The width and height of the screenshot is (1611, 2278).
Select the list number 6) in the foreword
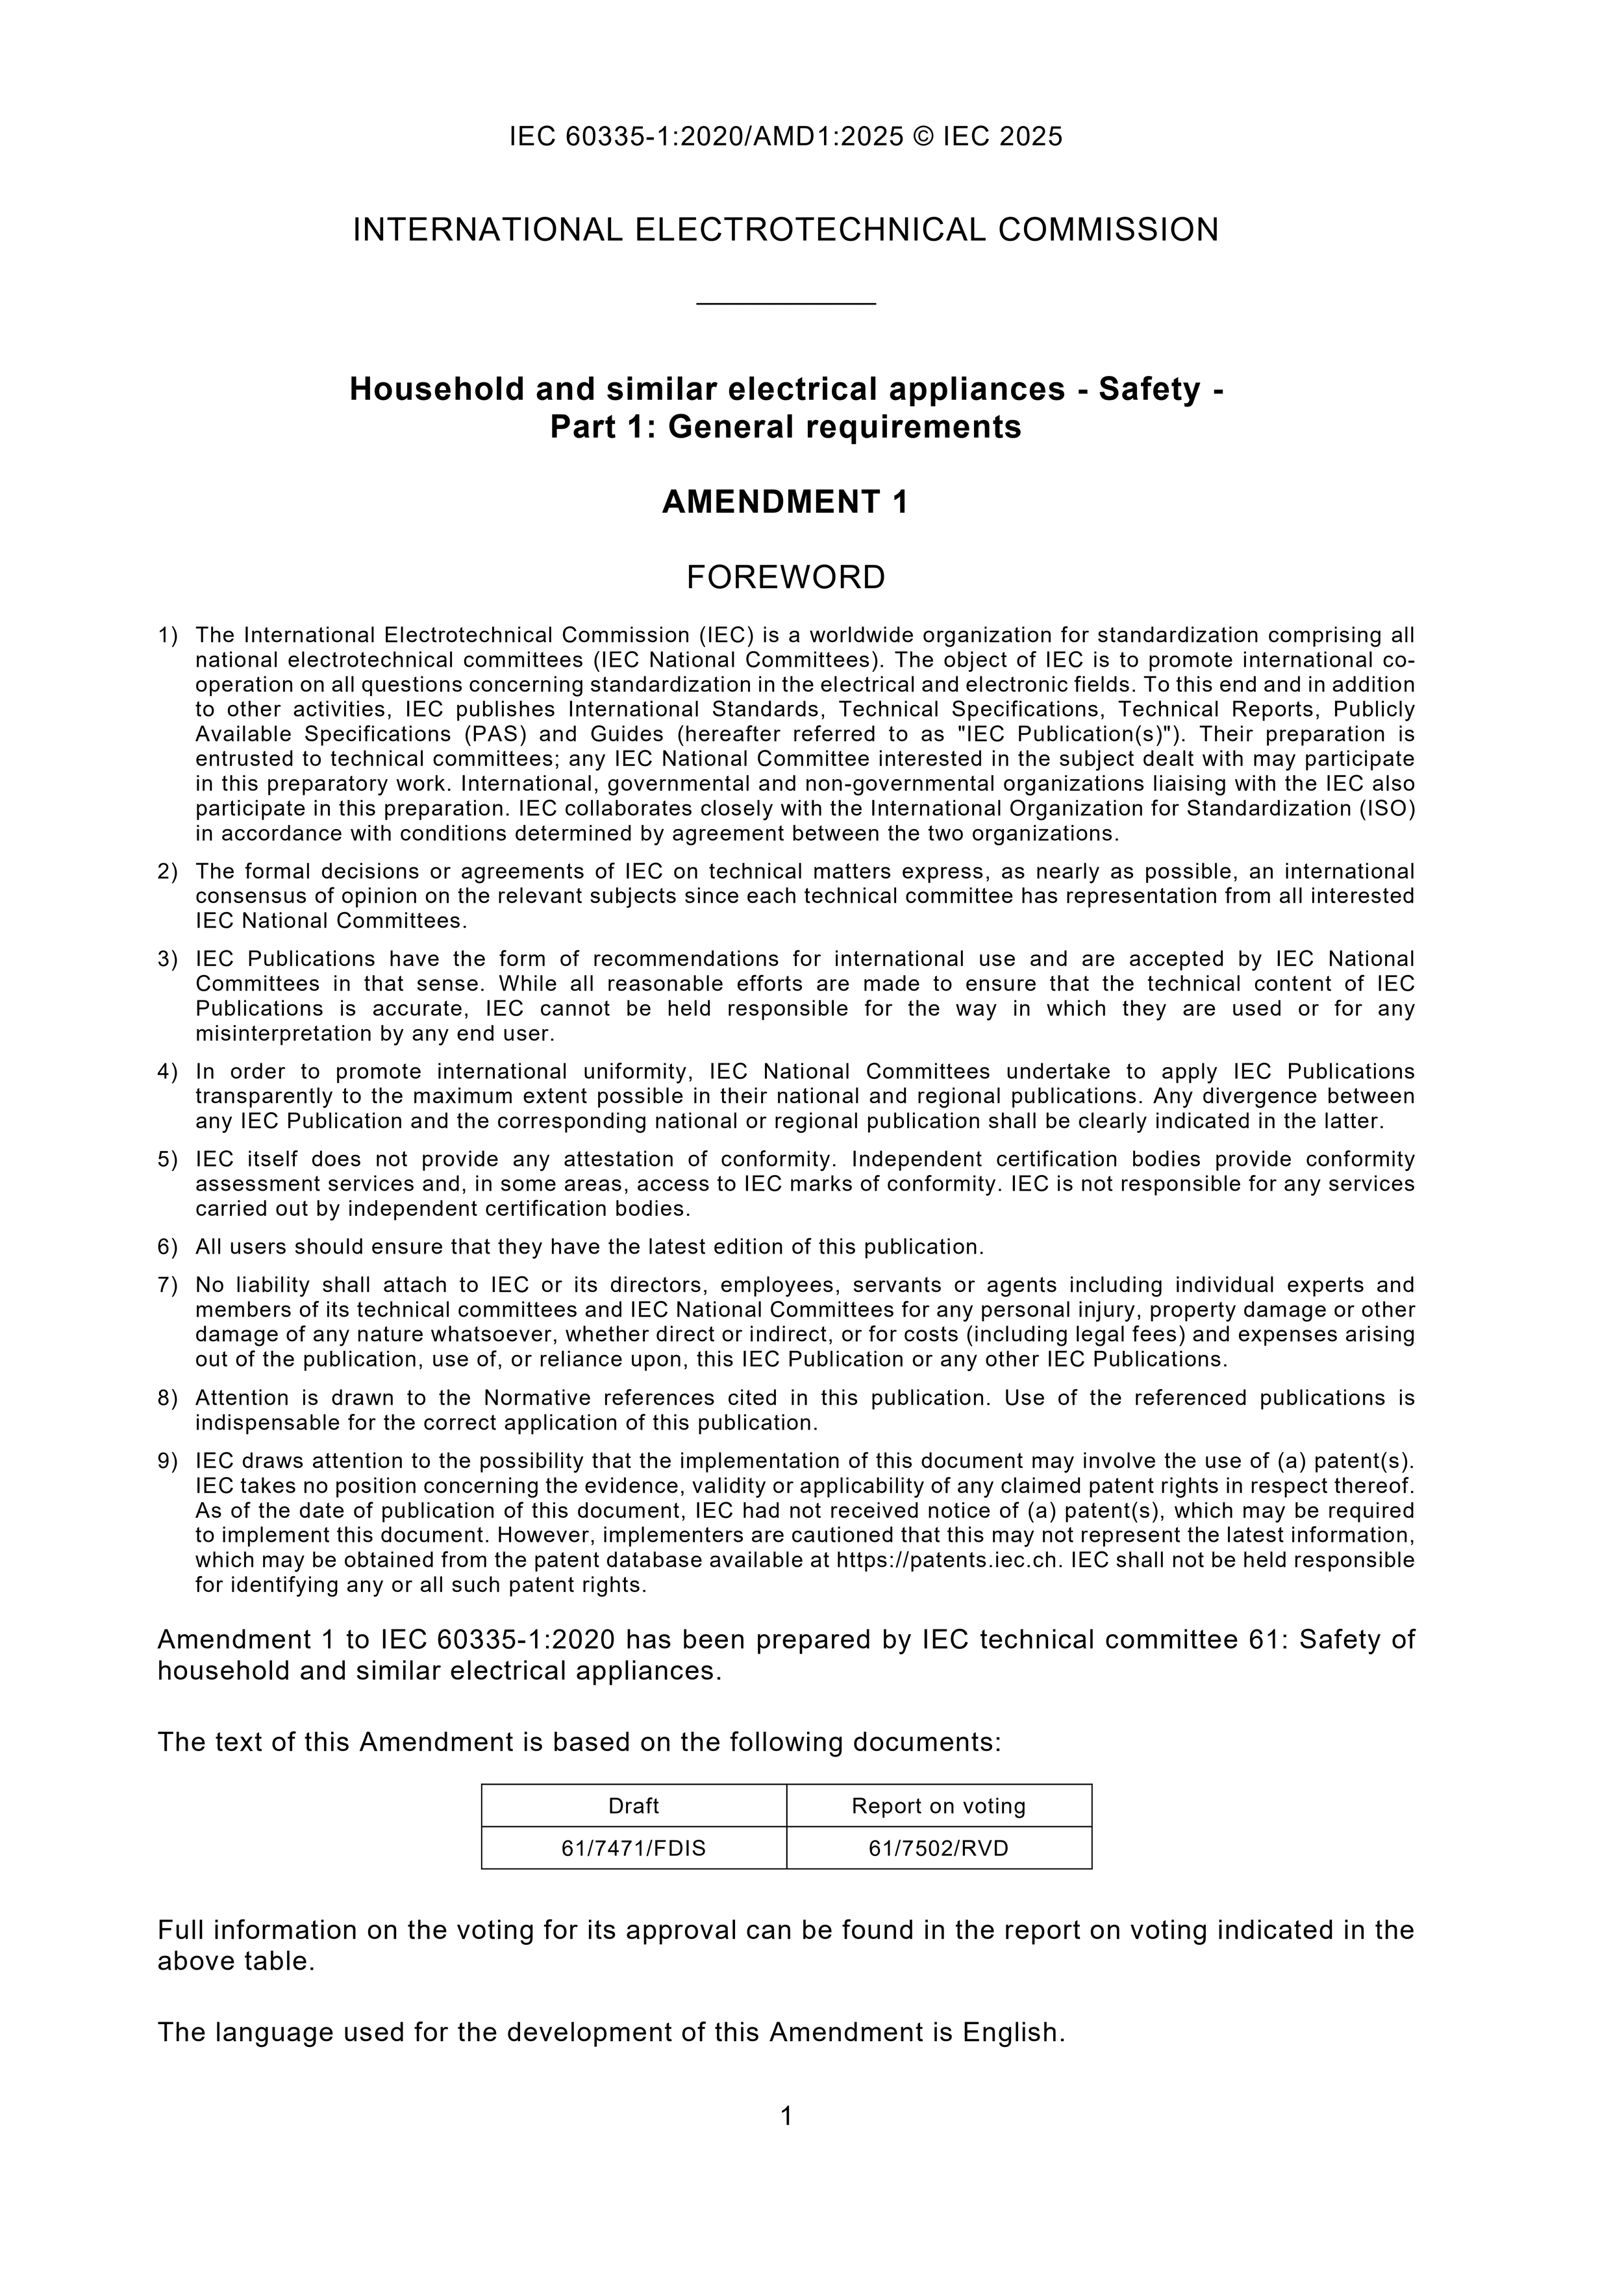(167, 1246)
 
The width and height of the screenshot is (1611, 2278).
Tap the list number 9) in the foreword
(167, 1461)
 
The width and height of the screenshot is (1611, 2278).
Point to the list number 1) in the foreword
(167, 635)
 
